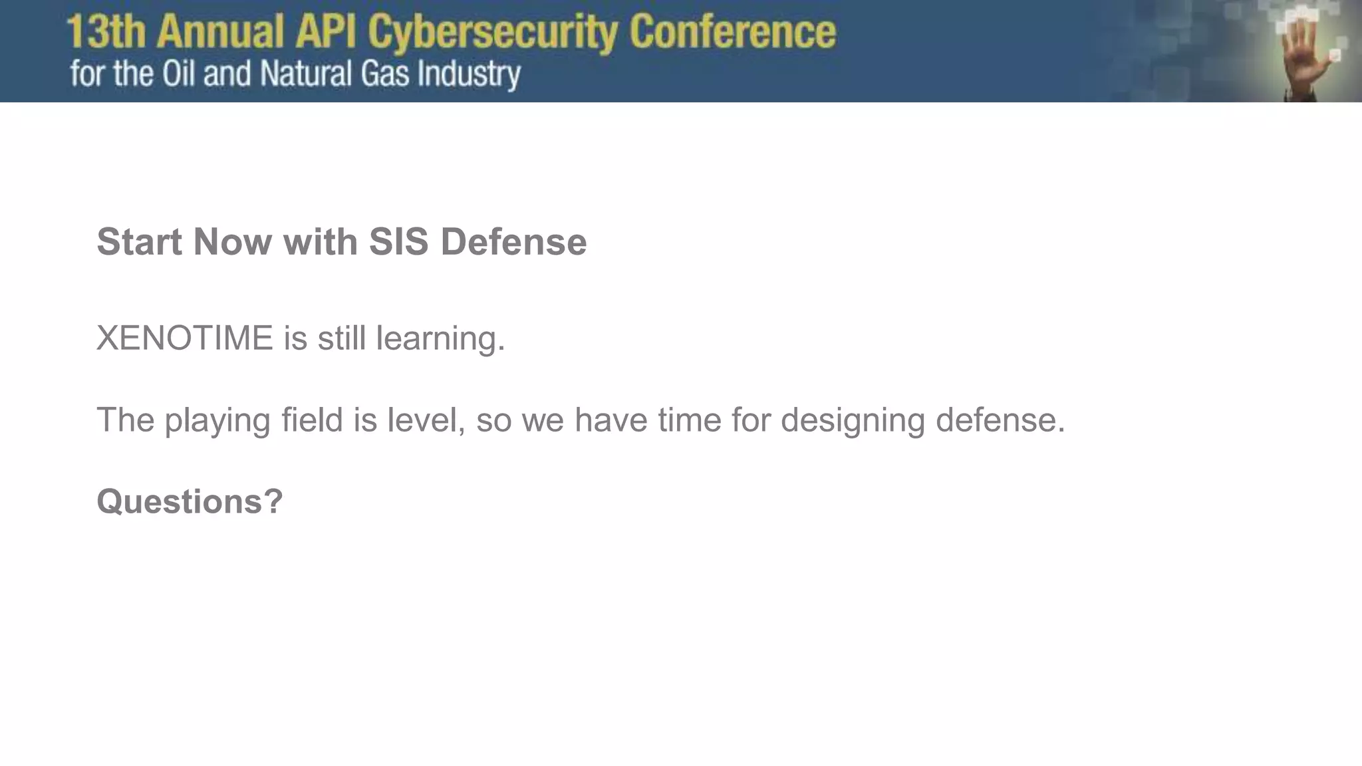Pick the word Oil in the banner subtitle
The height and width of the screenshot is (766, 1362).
click(x=178, y=73)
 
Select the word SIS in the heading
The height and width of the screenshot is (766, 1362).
click(x=398, y=241)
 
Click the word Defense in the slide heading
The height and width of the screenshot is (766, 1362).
click(x=513, y=241)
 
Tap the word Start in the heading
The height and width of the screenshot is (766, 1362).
click(x=139, y=241)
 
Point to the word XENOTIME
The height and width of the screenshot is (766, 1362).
click(x=185, y=338)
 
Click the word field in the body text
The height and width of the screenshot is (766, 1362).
click(x=312, y=420)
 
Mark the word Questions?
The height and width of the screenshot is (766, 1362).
click(x=190, y=501)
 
